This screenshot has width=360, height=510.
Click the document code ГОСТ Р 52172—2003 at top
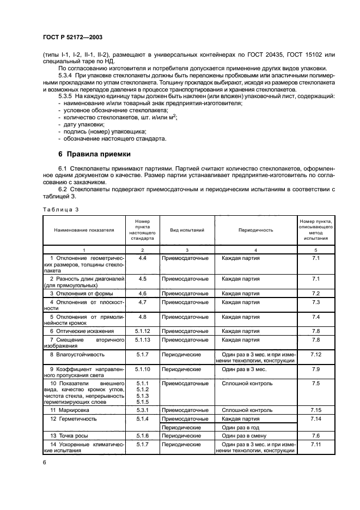72,38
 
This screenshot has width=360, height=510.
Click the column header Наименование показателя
84,230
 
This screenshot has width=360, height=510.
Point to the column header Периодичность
255,230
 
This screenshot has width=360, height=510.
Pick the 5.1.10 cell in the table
142,369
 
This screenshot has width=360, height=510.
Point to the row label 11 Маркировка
69,409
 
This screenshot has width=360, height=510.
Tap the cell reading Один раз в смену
243,436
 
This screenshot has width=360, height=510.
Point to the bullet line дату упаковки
81,124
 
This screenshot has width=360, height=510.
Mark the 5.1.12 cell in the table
142,330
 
